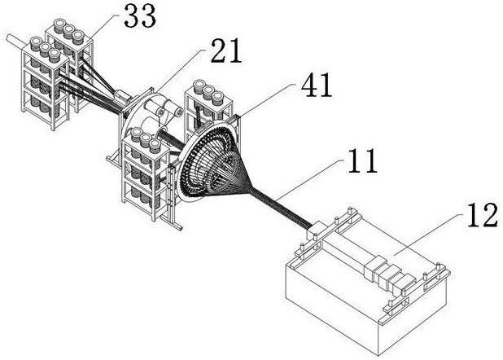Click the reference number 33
tap(140, 15)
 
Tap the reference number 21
tap(226, 50)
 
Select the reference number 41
tap(317, 85)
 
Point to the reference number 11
tap(362, 160)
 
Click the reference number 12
tap(483, 215)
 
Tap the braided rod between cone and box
tap(281, 209)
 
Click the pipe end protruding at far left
tap(15, 42)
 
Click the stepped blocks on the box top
tap(389, 274)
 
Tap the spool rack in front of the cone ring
tap(147, 173)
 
